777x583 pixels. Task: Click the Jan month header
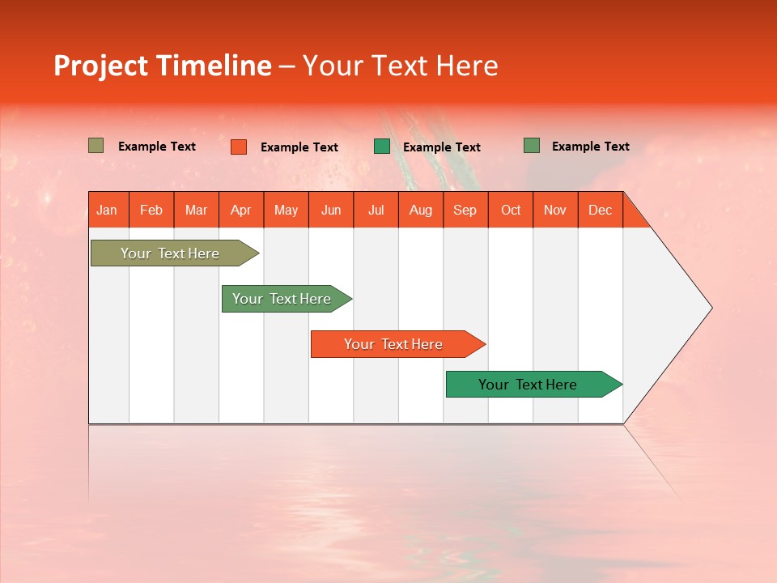[108, 210]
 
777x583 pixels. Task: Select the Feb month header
[151, 210]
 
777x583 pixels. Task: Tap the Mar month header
[196, 210]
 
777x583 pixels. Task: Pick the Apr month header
[241, 210]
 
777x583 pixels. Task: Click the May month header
[286, 210]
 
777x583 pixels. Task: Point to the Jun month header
[331, 210]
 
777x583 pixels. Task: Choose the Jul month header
[376, 210]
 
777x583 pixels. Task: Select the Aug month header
[421, 210]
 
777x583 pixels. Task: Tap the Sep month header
[465, 210]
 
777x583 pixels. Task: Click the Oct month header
[511, 210]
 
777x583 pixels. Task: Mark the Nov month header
[555, 210]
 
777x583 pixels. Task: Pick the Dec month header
[601, 210]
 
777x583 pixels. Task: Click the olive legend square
[96, 146]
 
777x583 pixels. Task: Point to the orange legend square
[239, 147]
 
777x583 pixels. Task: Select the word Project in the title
[101, 66]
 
